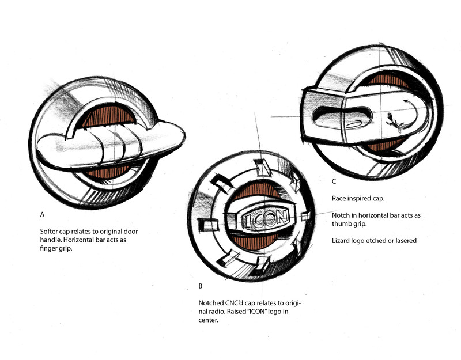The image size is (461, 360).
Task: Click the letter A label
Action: (42, 214)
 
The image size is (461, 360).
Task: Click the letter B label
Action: (200, 286)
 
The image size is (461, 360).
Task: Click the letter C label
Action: (334, 181)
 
